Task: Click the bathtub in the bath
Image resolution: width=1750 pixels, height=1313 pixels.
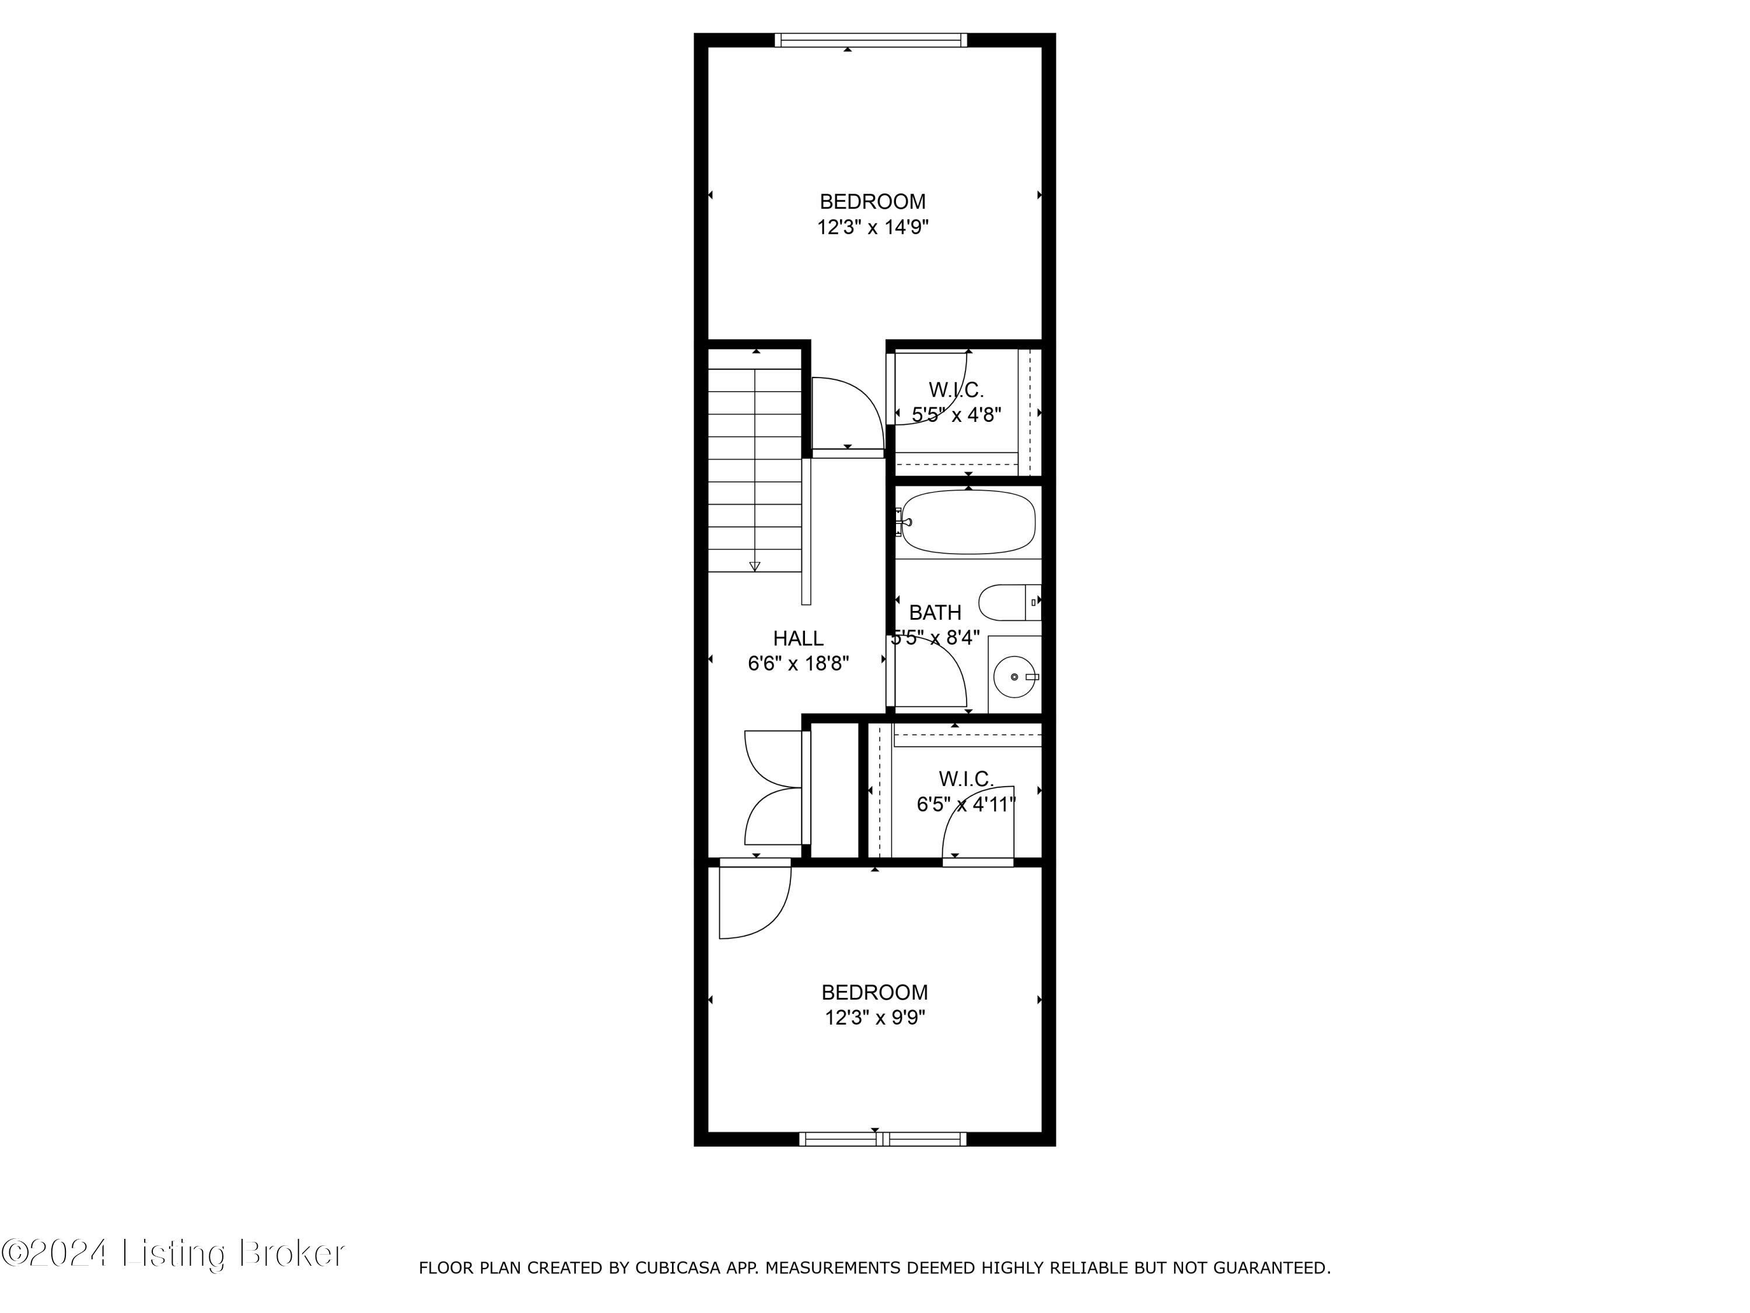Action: (968, 522)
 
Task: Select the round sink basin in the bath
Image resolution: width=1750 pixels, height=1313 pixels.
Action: (1014, 678)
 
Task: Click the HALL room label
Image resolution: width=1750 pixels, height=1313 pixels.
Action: (797, 638)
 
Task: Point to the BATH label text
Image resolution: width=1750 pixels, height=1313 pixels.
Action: (935, 613)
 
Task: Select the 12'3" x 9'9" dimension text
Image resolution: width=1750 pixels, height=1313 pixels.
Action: (875, 1018)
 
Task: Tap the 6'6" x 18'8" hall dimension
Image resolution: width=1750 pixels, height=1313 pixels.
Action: (798, 664)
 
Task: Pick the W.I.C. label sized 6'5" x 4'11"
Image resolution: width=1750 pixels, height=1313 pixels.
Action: (966, 780)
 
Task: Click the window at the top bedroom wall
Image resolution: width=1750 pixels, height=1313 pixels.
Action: (870, 40)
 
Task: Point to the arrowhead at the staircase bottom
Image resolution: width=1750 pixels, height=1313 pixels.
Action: (755, 567)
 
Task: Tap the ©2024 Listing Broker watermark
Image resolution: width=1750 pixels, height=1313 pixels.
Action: (173, 1253)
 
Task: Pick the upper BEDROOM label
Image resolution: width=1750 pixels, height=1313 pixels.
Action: (873, 202)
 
